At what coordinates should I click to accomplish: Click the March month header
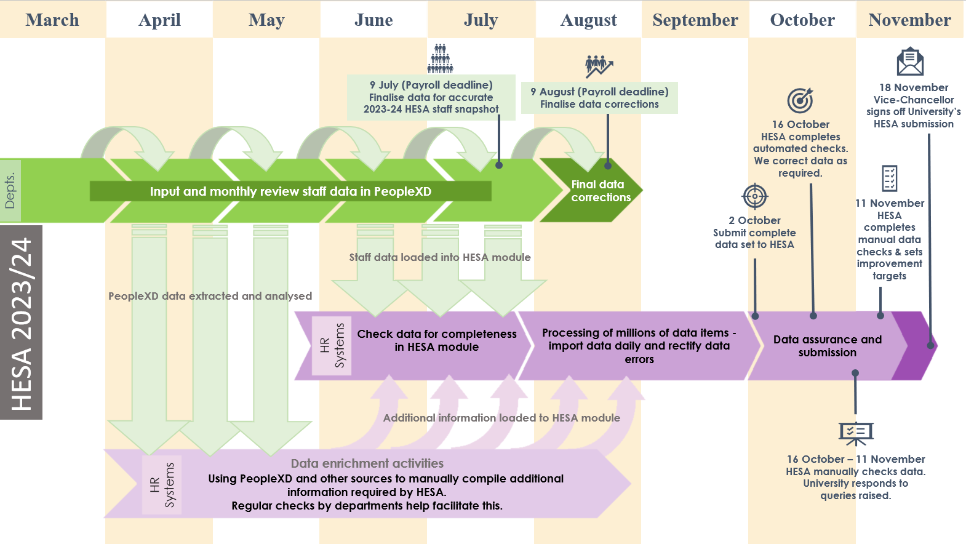(52, 20)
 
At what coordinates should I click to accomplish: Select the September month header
(695, 20)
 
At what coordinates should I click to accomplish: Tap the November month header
(909, 20)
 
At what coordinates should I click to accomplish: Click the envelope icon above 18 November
(910, 62)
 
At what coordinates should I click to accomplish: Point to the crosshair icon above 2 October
(755, 196)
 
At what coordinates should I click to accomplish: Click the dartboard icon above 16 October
(800, 100)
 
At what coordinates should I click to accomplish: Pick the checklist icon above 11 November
(889, 178)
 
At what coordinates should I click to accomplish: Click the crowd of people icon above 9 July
(441, 58)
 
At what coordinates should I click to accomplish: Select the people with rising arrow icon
(599, 66)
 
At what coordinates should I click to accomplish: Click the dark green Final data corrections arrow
(591, 190)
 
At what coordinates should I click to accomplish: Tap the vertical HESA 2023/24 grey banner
(21, 322)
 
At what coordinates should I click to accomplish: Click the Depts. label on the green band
(10, 190)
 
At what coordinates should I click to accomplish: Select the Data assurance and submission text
(827, 346)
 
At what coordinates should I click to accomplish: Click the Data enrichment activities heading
(367, 463)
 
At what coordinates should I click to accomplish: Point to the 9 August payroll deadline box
(599, 98)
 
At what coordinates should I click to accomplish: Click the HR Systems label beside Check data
(332, 346)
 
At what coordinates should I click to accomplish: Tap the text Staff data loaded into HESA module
(440, 257)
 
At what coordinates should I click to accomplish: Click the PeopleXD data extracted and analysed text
(210, 296)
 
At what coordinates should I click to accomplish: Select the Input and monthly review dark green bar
(290, 191)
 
